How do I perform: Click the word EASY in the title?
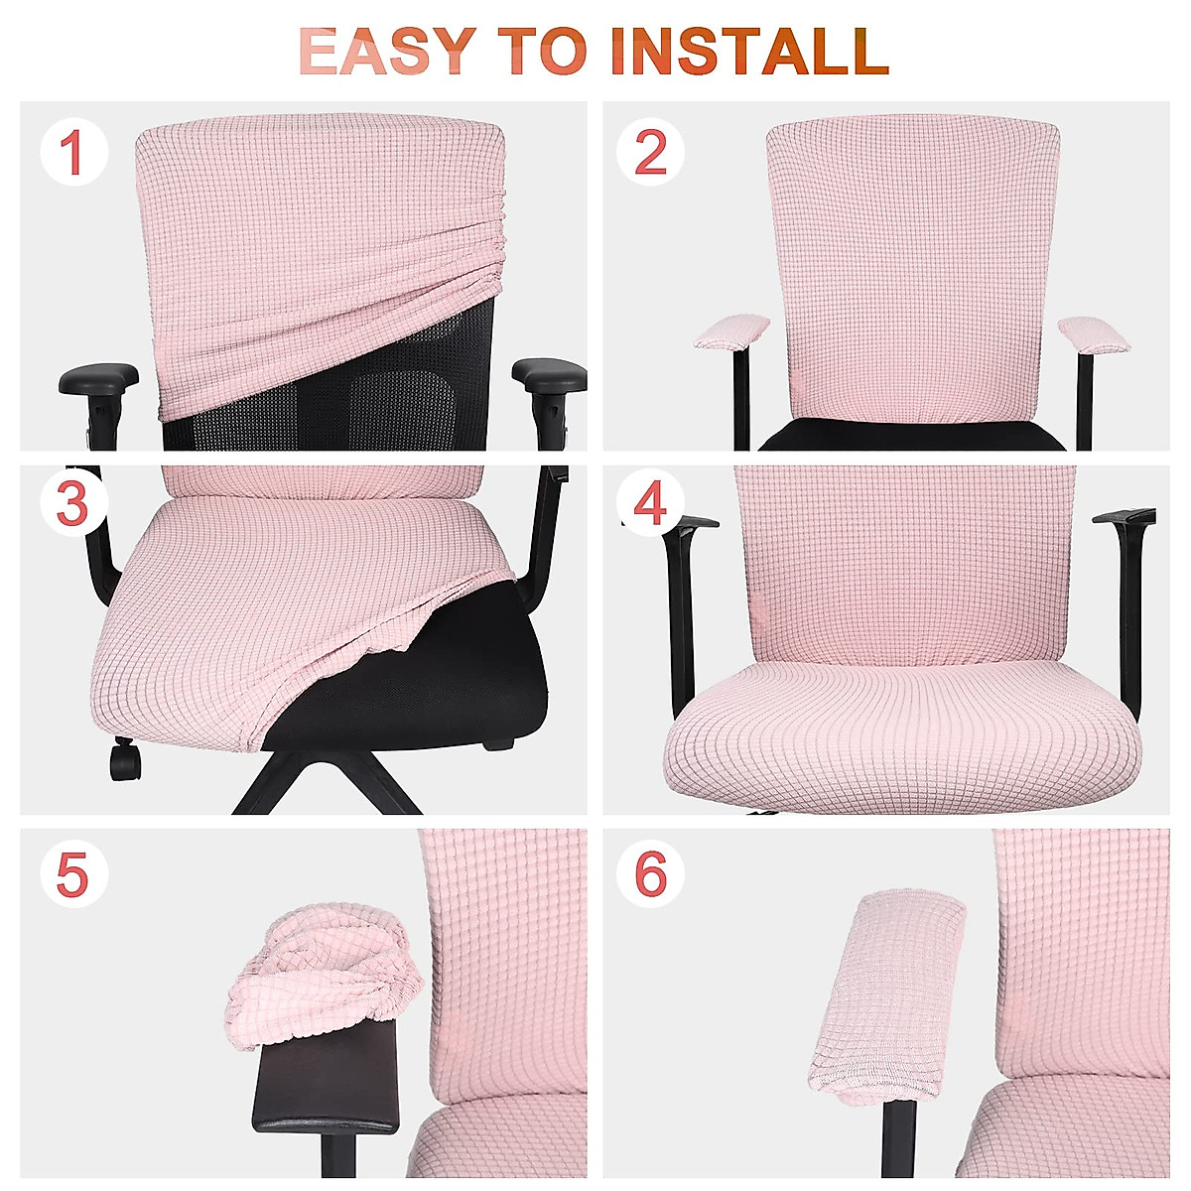[x=387, y=52]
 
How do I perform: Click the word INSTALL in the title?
[x=748, y=52]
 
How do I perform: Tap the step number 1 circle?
[x=73, y=153]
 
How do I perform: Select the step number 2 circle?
[x=650, y=153]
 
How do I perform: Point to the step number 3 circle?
[x=73, y=503]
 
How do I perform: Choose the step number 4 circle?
[x=650, y=503]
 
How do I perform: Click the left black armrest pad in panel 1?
[x=99, y=378]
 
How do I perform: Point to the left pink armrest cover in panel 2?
[x=731, y=331]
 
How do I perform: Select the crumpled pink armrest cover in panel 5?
[x=323, y=968]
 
